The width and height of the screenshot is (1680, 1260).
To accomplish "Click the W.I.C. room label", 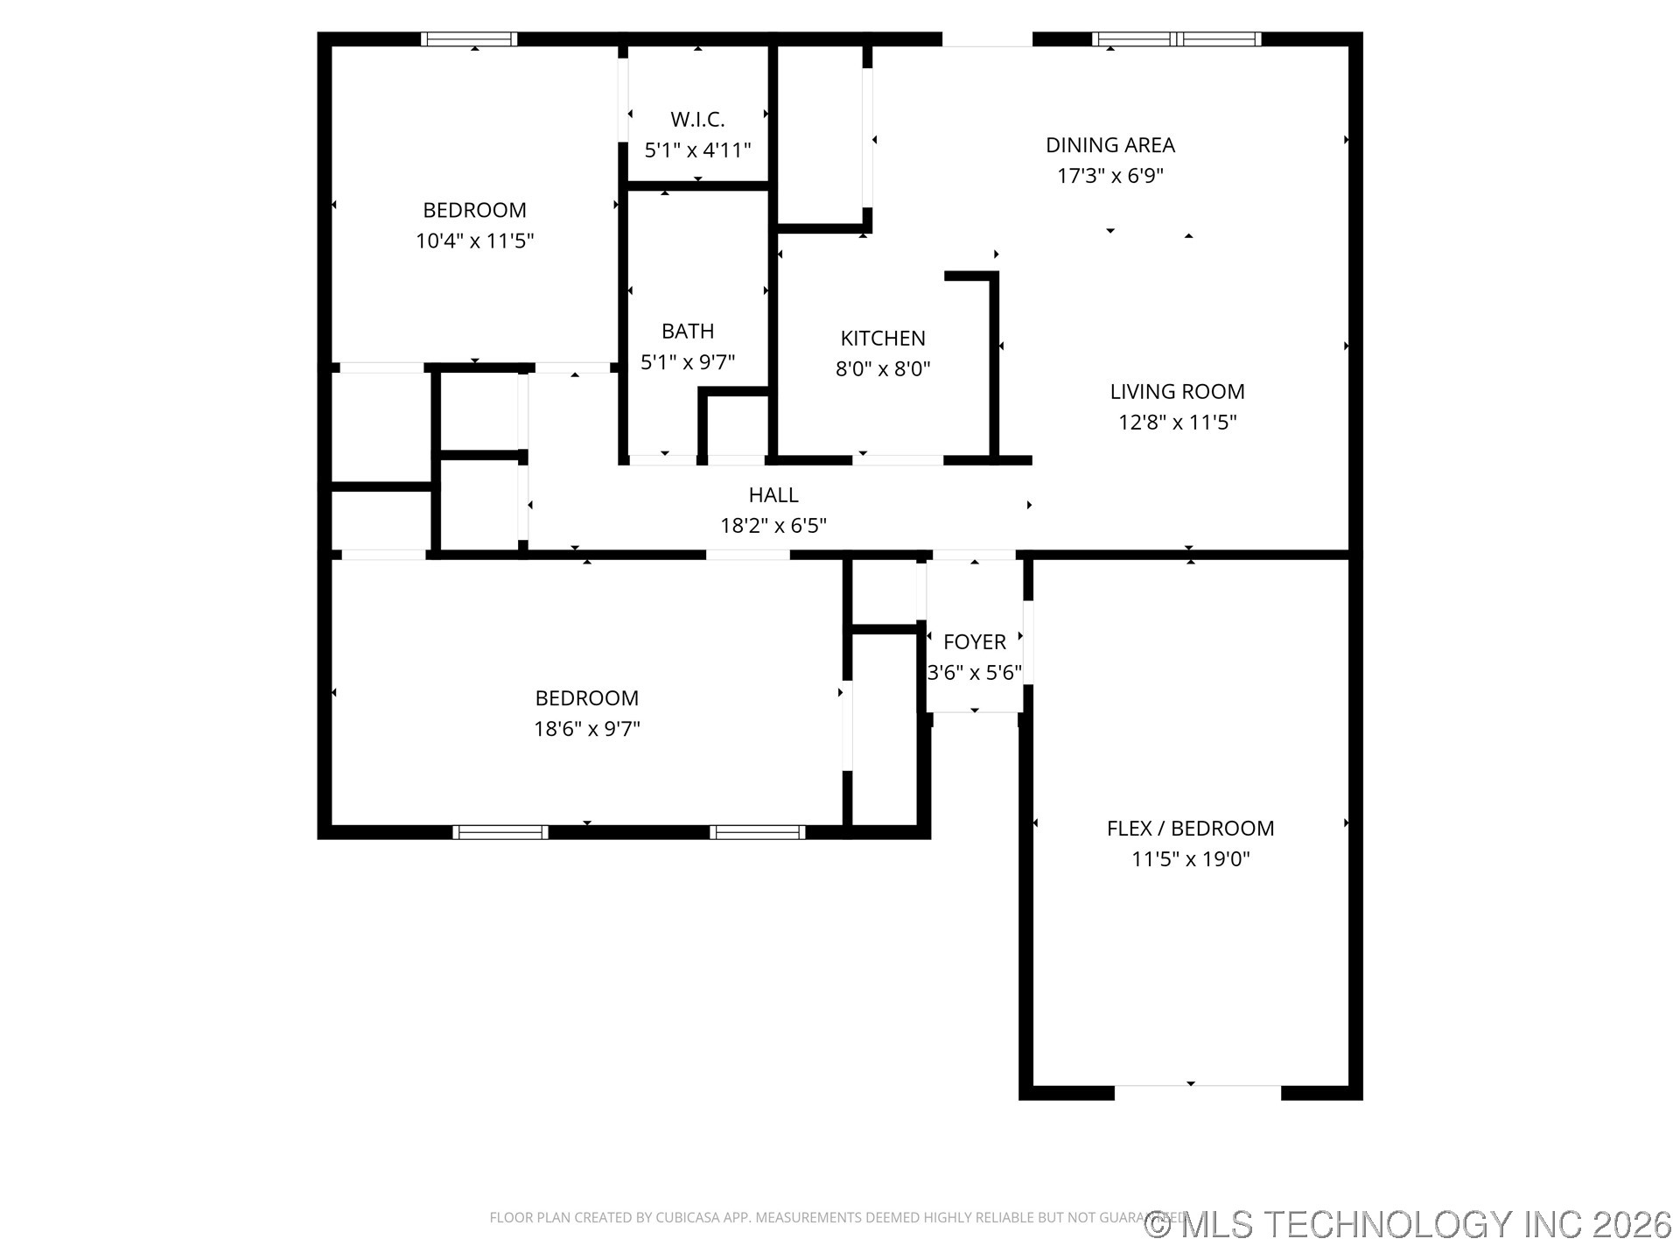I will point(697,120).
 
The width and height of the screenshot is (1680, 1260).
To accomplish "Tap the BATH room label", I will point(688,332).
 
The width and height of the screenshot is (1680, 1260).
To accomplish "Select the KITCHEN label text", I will point(883,339).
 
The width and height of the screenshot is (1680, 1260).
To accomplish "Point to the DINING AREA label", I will point(1109,145).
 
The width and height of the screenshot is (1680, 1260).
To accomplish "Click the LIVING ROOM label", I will point(1177,392).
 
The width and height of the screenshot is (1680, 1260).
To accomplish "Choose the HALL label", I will point(773,495).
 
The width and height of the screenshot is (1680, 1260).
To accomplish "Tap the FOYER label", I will point(974,642).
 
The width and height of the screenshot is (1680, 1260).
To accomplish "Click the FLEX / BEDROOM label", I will point(1190,829).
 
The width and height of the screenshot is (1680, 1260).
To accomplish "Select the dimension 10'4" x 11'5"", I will point(474,241).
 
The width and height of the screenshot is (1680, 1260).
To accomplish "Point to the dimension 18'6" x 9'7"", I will point(587,729).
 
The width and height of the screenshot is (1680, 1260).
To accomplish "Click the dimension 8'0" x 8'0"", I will point(883,369).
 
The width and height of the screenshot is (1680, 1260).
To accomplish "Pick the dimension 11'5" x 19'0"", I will point(1190,859).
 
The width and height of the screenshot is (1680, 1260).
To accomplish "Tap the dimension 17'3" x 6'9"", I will point(1109,176).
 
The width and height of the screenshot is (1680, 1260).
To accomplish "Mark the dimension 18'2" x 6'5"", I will point(773,526).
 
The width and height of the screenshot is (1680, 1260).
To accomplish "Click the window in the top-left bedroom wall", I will point(469,39).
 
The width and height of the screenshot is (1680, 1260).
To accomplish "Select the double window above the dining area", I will point(1177,39).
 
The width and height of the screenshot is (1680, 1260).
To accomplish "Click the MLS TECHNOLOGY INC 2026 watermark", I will point(1409,1224).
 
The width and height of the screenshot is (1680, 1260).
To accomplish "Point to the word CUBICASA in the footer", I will point(685,1218).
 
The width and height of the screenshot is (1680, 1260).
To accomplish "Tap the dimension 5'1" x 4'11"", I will point(697,150).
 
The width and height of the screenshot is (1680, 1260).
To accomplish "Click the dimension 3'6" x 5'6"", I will point(974,673).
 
